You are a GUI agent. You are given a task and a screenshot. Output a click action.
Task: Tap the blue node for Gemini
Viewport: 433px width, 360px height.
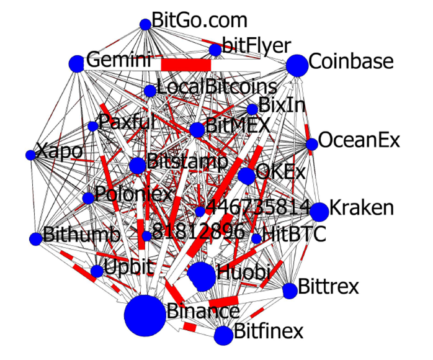click(76, 63)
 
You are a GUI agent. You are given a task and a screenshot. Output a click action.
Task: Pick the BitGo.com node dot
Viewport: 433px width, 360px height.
click(145, 24)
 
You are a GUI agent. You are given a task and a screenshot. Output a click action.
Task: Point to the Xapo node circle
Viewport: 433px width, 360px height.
click(30, 155)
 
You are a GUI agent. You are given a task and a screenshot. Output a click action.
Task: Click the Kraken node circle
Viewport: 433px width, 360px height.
click(319, 212)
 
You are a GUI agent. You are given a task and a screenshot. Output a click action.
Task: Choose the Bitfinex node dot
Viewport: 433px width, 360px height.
click(223, 335)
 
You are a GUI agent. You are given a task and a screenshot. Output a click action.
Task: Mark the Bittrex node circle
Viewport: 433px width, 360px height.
click(290, 290)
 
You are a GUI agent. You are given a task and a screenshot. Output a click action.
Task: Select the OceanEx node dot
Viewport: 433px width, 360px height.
click(311, 144)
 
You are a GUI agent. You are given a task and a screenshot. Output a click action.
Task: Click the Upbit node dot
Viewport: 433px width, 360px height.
click(97, 271)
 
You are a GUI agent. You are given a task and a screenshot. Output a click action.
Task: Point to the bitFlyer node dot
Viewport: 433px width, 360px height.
click(215, 50)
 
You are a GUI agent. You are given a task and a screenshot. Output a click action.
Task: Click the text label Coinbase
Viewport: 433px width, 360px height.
click(350, 62)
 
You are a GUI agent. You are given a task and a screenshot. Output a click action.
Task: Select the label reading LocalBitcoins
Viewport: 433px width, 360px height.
click(216, 87)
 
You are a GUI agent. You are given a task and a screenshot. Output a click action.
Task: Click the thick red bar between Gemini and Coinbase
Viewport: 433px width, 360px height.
click(185, 65)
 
